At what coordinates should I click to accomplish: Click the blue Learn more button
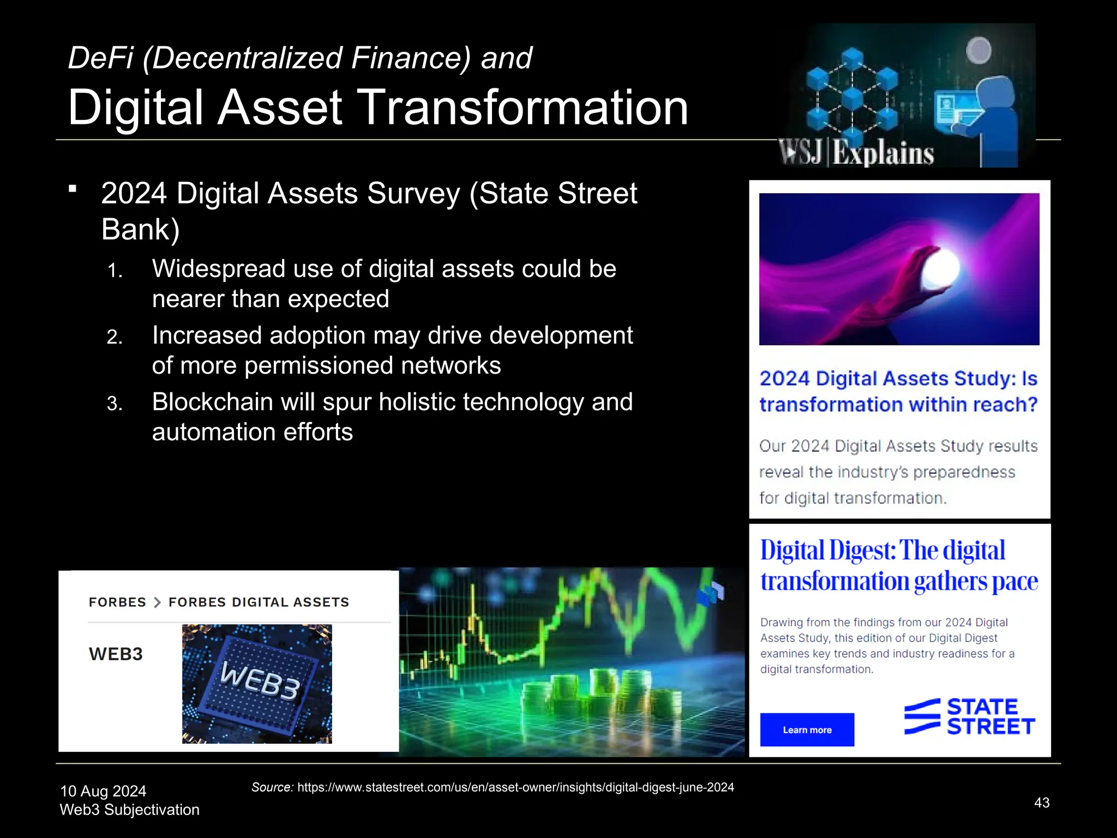pyautogui.click(x=807, y=729)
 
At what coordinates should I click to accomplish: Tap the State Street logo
pyautogui.click(x=969, y=717)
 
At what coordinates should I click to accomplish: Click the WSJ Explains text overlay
pyautogui.click(x=856, y=153)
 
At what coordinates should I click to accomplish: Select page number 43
pyautogui.click(x=1041, y=803)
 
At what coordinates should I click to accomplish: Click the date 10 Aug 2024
pyautogui.click(x=103, y=791)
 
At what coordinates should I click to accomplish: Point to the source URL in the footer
pyautogui.click(x=515, y=787)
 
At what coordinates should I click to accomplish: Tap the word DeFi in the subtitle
pyautogui.click(x=100, y=58)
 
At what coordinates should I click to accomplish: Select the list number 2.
pyautogui.click(x=114, y=337)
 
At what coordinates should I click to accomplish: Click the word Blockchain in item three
pyautogui.click(x=212, y=402)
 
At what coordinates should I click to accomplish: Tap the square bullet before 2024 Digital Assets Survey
pyautogui.click(x=73, y=189)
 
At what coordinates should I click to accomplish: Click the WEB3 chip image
pyautogui.click(x=257, y=684)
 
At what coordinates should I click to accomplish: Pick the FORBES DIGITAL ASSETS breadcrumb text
pyautogui.click(x=259, y=602)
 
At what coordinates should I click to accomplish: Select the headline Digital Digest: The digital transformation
pyautogui.click(x=898, y=566)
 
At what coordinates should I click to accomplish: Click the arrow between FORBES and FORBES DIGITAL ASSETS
pyautogui.click(x=157, y=602)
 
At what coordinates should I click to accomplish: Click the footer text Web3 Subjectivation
pyautogui.click(x=129, y=810)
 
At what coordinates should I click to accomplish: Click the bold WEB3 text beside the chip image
pyautogui.click(x=116, y=654)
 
